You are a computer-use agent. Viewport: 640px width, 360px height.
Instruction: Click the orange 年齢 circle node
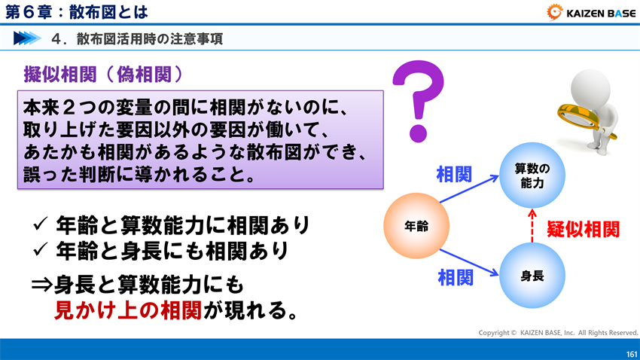(416, 226)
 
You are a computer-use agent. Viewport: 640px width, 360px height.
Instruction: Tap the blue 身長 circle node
(532, 276)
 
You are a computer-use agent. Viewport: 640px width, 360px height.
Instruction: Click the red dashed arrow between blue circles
(532, 226)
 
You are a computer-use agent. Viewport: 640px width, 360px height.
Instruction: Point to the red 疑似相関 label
(583, 229)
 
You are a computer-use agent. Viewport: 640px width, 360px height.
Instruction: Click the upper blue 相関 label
(454, 175)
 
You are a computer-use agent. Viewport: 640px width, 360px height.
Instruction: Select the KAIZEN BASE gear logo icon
(554, 11)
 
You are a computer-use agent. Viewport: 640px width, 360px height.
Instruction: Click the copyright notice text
(558, 332)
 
